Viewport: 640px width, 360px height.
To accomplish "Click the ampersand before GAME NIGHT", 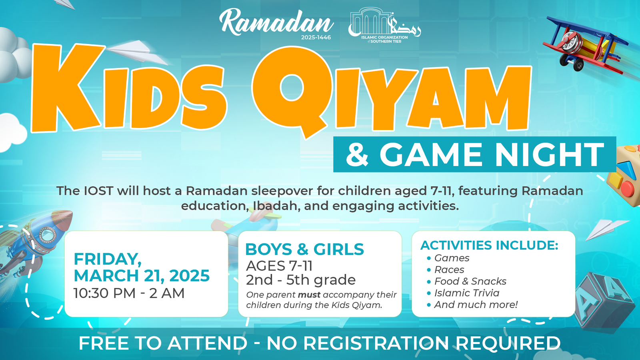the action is point(357,154).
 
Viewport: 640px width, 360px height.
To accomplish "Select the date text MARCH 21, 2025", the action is point(142,276).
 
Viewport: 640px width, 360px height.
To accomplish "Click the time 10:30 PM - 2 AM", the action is point(129,293).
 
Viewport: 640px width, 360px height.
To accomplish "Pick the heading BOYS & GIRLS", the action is point(304,249).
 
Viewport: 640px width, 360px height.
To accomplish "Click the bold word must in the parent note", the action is point(309,294).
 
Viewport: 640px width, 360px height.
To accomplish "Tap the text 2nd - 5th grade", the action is point(301,280).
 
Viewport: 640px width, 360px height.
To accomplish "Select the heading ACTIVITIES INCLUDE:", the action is point(489,246).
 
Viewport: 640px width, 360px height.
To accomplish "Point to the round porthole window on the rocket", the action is point(48,235).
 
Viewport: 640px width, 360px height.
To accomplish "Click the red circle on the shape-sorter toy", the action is point(628,189).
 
